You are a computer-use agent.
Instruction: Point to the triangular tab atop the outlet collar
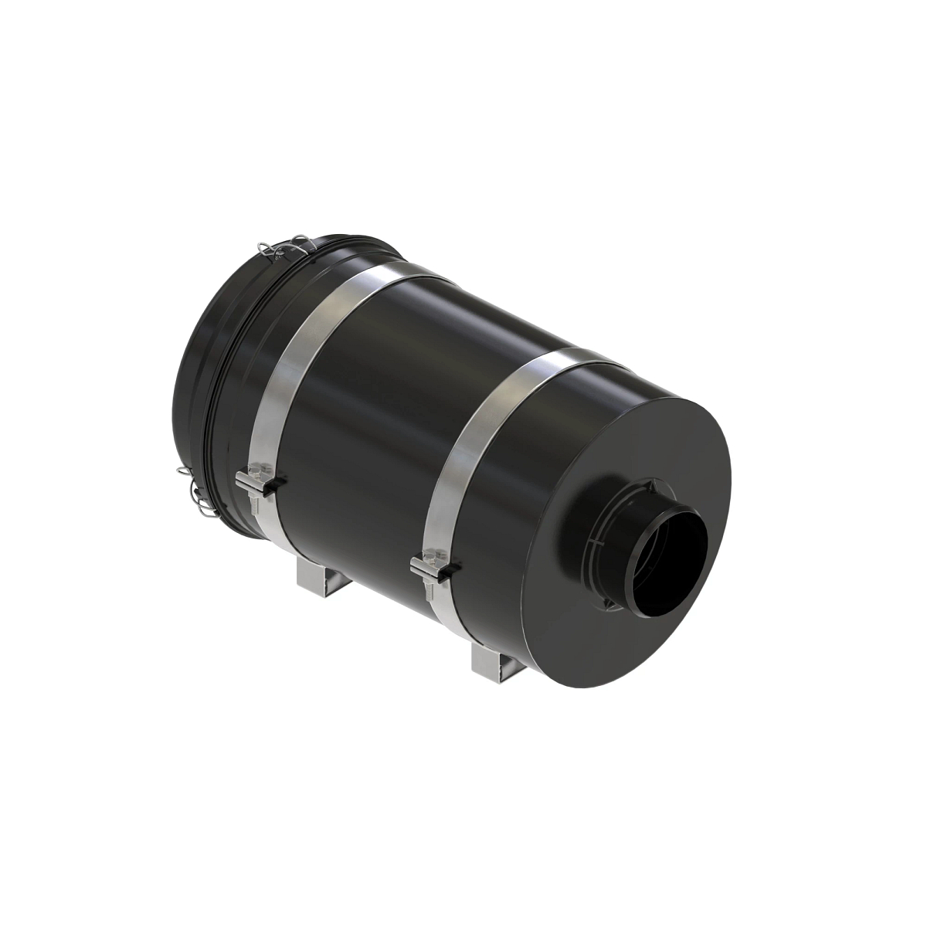coord(650,483)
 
